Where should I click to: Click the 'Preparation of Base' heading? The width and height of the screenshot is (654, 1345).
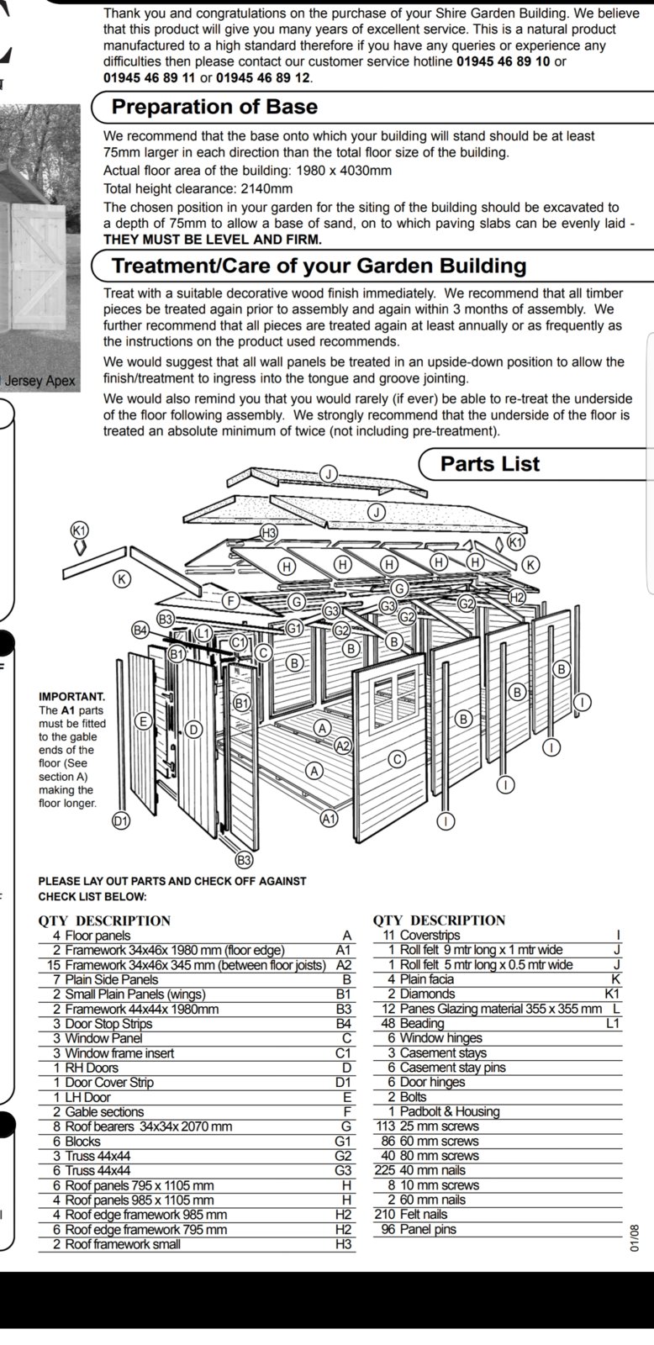214,107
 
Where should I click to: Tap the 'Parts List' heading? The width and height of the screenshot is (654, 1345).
490,463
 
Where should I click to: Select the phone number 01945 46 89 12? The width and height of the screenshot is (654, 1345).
264,77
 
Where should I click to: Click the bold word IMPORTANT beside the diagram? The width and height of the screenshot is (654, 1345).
72,697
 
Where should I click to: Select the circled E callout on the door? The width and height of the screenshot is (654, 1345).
143,720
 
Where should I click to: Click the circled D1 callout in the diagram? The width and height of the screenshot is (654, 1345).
122,821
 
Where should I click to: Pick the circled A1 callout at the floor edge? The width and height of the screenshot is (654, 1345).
329,818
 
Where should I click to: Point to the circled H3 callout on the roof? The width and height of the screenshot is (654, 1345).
269,532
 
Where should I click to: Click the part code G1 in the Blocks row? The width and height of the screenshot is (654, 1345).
342,1142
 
